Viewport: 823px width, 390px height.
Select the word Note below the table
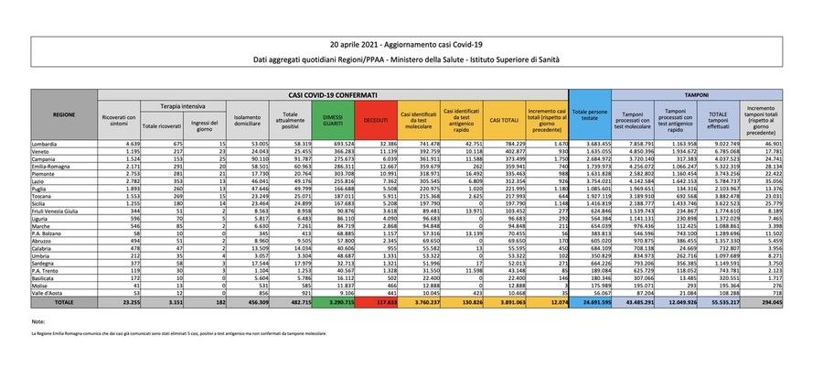point(37,322)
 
